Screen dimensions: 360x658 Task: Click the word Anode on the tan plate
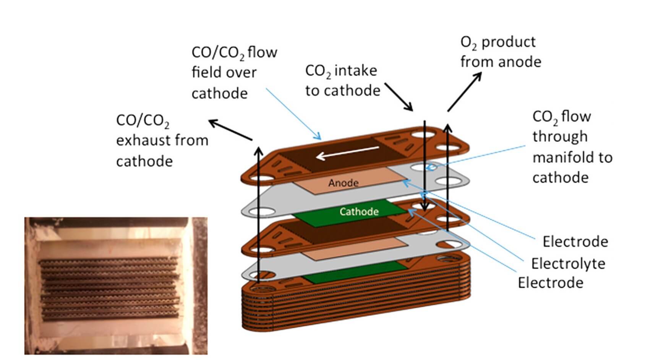pos(343,183)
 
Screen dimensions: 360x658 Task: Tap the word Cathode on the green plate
pos(359,212)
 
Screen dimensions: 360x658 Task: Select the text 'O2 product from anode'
pos(500,52)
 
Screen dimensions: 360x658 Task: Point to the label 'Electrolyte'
pos(568,264)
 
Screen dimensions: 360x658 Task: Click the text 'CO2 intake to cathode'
pos(342,81)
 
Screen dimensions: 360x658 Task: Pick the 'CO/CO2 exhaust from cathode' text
pos(162,141)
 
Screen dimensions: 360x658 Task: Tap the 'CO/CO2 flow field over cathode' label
pos(233,73)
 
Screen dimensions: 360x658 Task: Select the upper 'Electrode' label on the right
pos(575,242)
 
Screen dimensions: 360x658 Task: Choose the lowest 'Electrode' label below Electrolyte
pos(550,283)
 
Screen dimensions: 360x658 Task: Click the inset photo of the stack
pos(116,286)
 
